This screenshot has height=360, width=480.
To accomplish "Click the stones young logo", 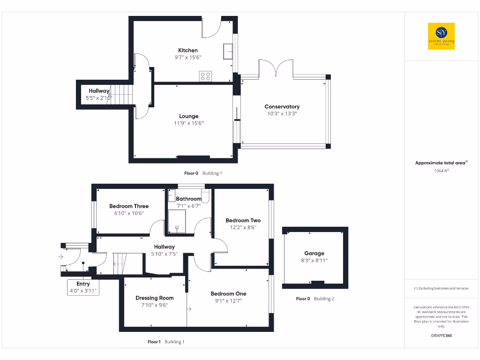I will pos(442,36).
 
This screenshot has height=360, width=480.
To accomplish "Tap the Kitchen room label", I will pos(187,50).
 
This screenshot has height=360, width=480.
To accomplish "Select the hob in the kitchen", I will pos(205,76).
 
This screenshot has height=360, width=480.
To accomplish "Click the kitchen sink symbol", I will pos(228,51).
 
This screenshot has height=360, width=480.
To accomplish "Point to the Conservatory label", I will pos(282,106).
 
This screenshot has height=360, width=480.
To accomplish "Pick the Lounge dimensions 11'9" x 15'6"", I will pos(188,123).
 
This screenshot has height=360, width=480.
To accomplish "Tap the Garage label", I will pos(314,254).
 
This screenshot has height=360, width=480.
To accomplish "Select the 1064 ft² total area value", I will pos(442,171).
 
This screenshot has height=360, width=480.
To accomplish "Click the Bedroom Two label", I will pos(243,220).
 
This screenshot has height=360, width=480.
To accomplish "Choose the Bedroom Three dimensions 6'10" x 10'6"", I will pos(129,213).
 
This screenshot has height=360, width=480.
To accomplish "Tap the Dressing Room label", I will pos(154,298).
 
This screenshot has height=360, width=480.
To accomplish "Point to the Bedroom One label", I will pos(228,294).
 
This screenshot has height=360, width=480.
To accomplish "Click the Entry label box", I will pos(83,287).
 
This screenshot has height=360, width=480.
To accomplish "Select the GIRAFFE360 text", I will pos(441,336).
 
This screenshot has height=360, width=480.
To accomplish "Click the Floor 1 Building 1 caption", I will pos(166,342).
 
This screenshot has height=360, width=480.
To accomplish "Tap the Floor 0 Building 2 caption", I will pos(315,299).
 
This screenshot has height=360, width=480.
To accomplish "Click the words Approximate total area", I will pos(440,163).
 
